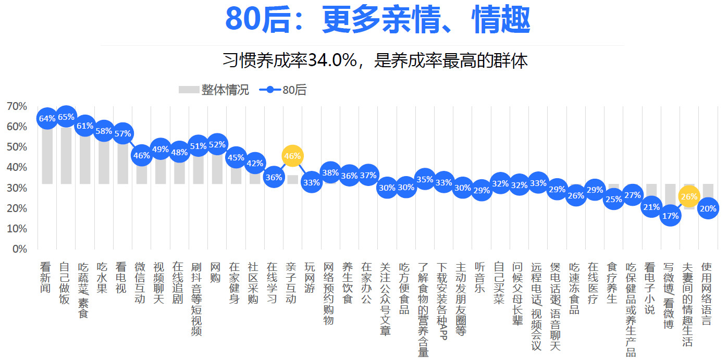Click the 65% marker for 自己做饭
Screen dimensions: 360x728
pyautogui.click(x=66, y=117)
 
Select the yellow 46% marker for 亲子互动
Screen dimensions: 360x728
pyautogui.click(x=292, y=156)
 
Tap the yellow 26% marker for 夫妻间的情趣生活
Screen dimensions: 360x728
pyautogui.click(x=688, y=196)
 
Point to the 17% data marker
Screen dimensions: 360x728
pyautogui.click(x=670, y=216)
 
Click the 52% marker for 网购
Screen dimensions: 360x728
pyautogui.click(x=217, y=144)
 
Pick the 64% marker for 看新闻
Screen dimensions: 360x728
pyautogui.click(x=47, y=119)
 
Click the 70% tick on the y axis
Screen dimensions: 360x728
pyautogui.click(x=17, y=106)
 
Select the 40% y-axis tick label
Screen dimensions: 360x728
pyautogui.click(x=17, y=167)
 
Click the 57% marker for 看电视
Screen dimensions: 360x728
pyautogui.click(x=122, y=133)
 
